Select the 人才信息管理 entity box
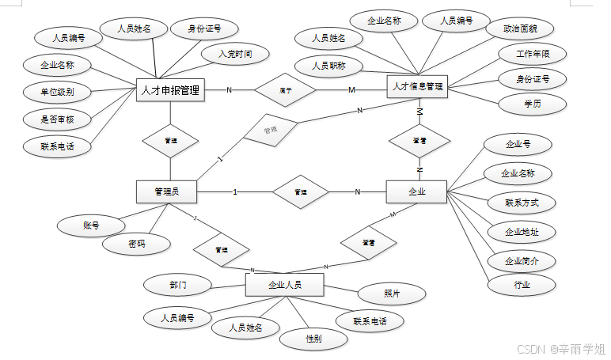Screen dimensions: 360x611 tap(417, 86)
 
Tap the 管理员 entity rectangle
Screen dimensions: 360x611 tap(166, 191)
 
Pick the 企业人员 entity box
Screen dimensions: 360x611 tap(285, 284)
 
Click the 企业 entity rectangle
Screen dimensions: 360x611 tap(416, 191)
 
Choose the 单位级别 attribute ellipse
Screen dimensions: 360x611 tap(58, 91)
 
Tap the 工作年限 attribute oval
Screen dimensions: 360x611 tap(529, 54)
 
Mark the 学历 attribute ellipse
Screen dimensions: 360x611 tap(532, 104)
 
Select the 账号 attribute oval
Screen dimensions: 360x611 tap(91, 225)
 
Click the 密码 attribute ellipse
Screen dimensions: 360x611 tap(136, 244)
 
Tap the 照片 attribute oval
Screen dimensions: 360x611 tap(392, 293)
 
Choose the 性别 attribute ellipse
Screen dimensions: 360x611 tap(313, 338)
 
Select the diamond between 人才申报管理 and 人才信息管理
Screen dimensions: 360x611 tap(286, 89)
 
